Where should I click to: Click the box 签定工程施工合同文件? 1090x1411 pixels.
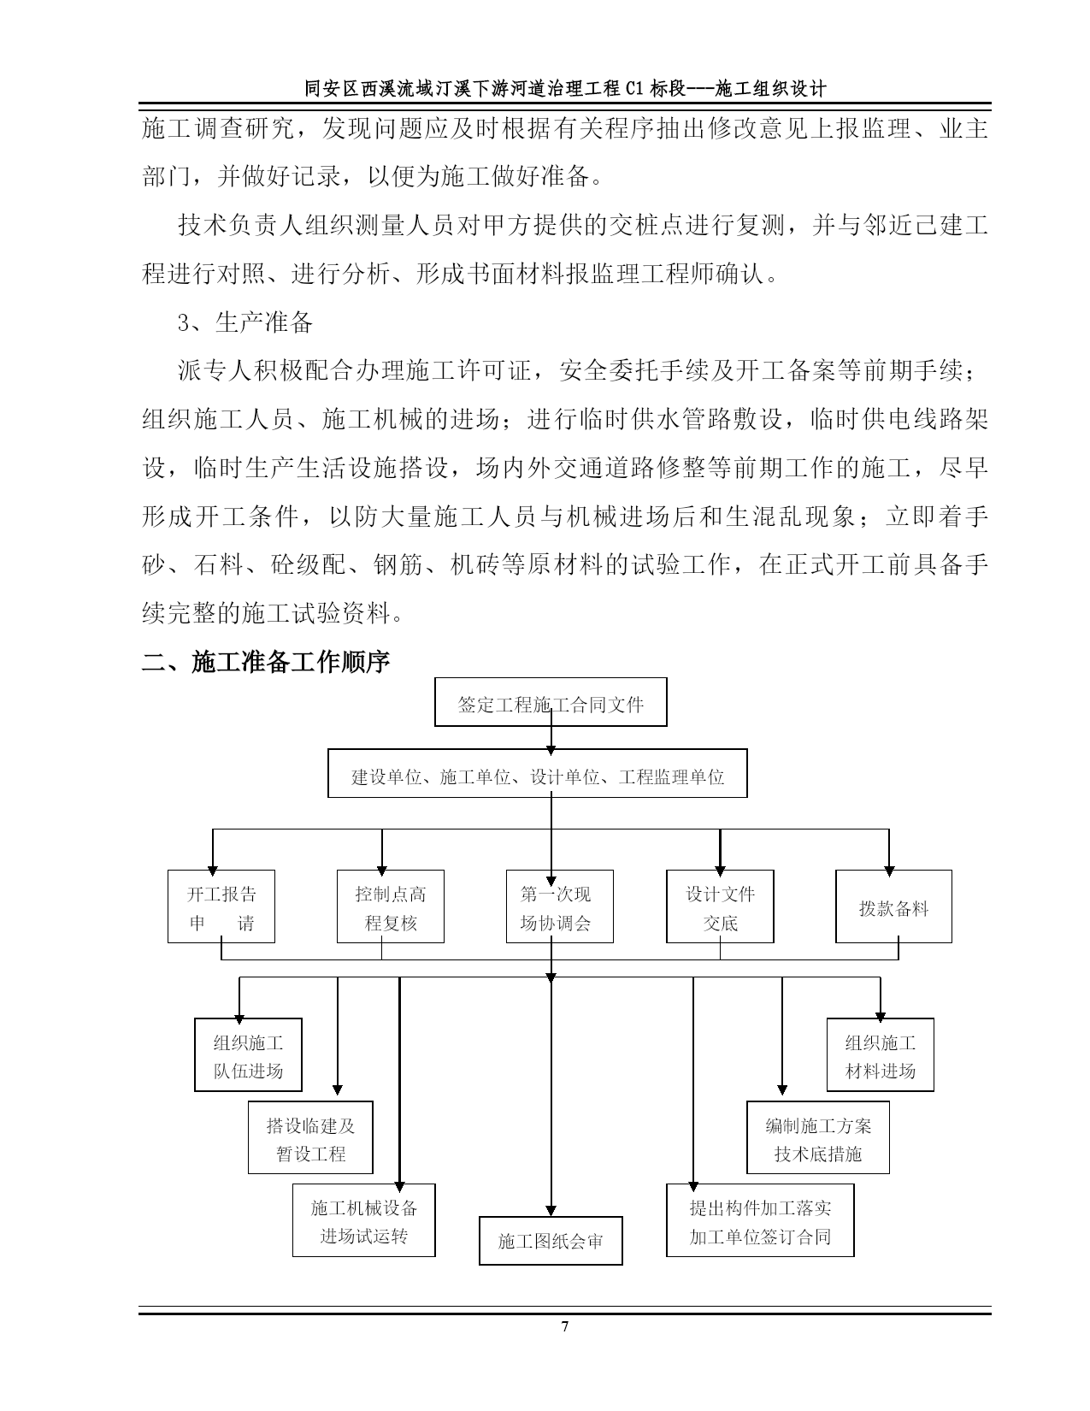[x=551, y=702]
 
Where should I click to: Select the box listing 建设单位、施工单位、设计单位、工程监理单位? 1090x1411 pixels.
[x=538, y=773]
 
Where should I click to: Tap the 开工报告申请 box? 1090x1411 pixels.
[x=221, y=906]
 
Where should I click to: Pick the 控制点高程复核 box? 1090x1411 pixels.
[x=391, y=906]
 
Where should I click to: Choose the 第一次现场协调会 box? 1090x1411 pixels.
[x=560, y=906]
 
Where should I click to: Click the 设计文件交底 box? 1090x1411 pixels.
[x=720, y=906]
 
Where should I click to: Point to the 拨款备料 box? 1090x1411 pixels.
[x=894, y=906]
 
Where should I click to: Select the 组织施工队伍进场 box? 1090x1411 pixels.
[x=248, y=1054]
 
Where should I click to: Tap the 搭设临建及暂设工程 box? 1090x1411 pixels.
[x=310, y=1137]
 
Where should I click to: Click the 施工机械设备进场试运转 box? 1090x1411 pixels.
[x=363, y=1220]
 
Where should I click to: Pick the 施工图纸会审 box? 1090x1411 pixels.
[x=551, y=1241]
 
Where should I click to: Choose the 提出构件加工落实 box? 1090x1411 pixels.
[x=760, y=1220]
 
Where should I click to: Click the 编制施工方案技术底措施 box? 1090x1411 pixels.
[x=818, y=1137]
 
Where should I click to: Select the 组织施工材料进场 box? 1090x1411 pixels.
[x=881, y=1054]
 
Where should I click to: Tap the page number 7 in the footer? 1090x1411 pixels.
[x=565, y=1326]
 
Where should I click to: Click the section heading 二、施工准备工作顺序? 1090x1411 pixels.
[x=266, y=662]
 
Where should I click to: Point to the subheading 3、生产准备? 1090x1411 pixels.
[x=245, y=322]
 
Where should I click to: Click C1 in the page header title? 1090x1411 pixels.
[x=635, y=88]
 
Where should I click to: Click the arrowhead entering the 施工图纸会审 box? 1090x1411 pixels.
[x=551, y=1212]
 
